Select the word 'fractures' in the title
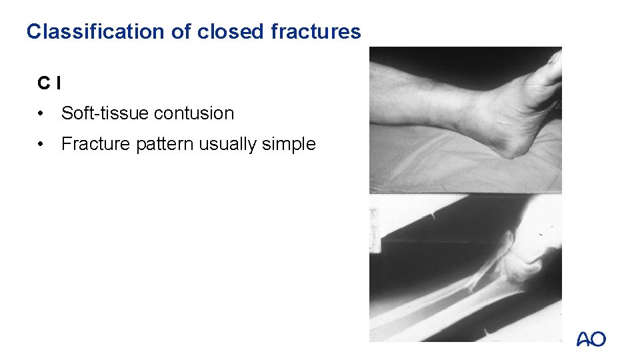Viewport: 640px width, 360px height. point(317,31)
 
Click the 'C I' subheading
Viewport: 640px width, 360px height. point(49,83)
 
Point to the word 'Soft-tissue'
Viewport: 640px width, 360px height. point(104,113)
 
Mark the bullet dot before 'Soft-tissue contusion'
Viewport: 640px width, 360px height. point(42,113)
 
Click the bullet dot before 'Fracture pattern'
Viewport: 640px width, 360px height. point(42,144)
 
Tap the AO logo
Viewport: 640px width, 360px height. point(591,339)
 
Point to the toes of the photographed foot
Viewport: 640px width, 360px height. point(553,67)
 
